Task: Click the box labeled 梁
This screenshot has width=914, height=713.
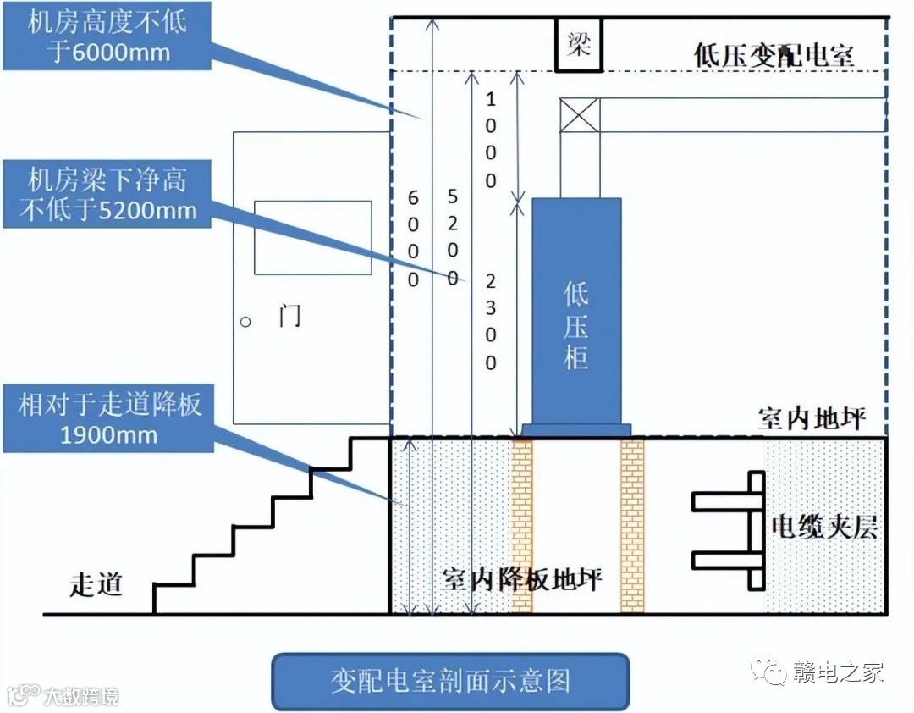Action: point(578,46)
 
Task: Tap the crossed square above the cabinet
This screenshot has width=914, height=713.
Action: point(580,115)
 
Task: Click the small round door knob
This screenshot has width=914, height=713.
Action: point(246,322)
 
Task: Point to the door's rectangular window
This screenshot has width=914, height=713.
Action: point(313,237)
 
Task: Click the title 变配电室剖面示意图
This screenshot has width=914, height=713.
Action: point(450,681)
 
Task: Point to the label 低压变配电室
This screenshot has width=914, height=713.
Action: point(774,56)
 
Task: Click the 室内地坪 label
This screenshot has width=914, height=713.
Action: point(812,419)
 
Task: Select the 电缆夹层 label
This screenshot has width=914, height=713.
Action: point(823,528)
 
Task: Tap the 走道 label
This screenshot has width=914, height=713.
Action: point(96,583)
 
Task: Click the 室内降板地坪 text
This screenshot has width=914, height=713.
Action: point(522,580)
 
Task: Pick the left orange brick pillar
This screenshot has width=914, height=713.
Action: point(522,525)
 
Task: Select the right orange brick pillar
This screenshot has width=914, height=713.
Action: point(632,525)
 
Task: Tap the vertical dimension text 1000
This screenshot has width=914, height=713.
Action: point(491,140)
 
